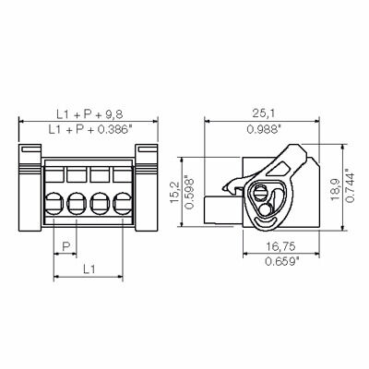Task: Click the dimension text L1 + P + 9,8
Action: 89,114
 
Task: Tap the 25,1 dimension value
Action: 263,113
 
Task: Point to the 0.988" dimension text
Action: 265,129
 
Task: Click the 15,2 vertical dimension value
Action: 175,192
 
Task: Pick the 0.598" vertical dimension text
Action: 190,192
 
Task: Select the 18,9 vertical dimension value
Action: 335,189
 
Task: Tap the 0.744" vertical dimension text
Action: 350,185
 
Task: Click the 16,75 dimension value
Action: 281,246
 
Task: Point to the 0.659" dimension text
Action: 282,261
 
